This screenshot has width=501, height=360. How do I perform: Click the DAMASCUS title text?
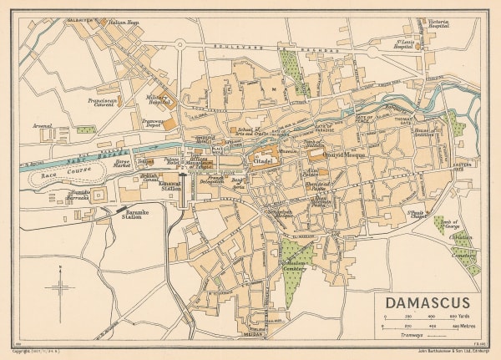click(427, 302)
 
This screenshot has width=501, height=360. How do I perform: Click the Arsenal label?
click(43, 126)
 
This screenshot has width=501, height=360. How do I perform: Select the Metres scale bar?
click(426, 327)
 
